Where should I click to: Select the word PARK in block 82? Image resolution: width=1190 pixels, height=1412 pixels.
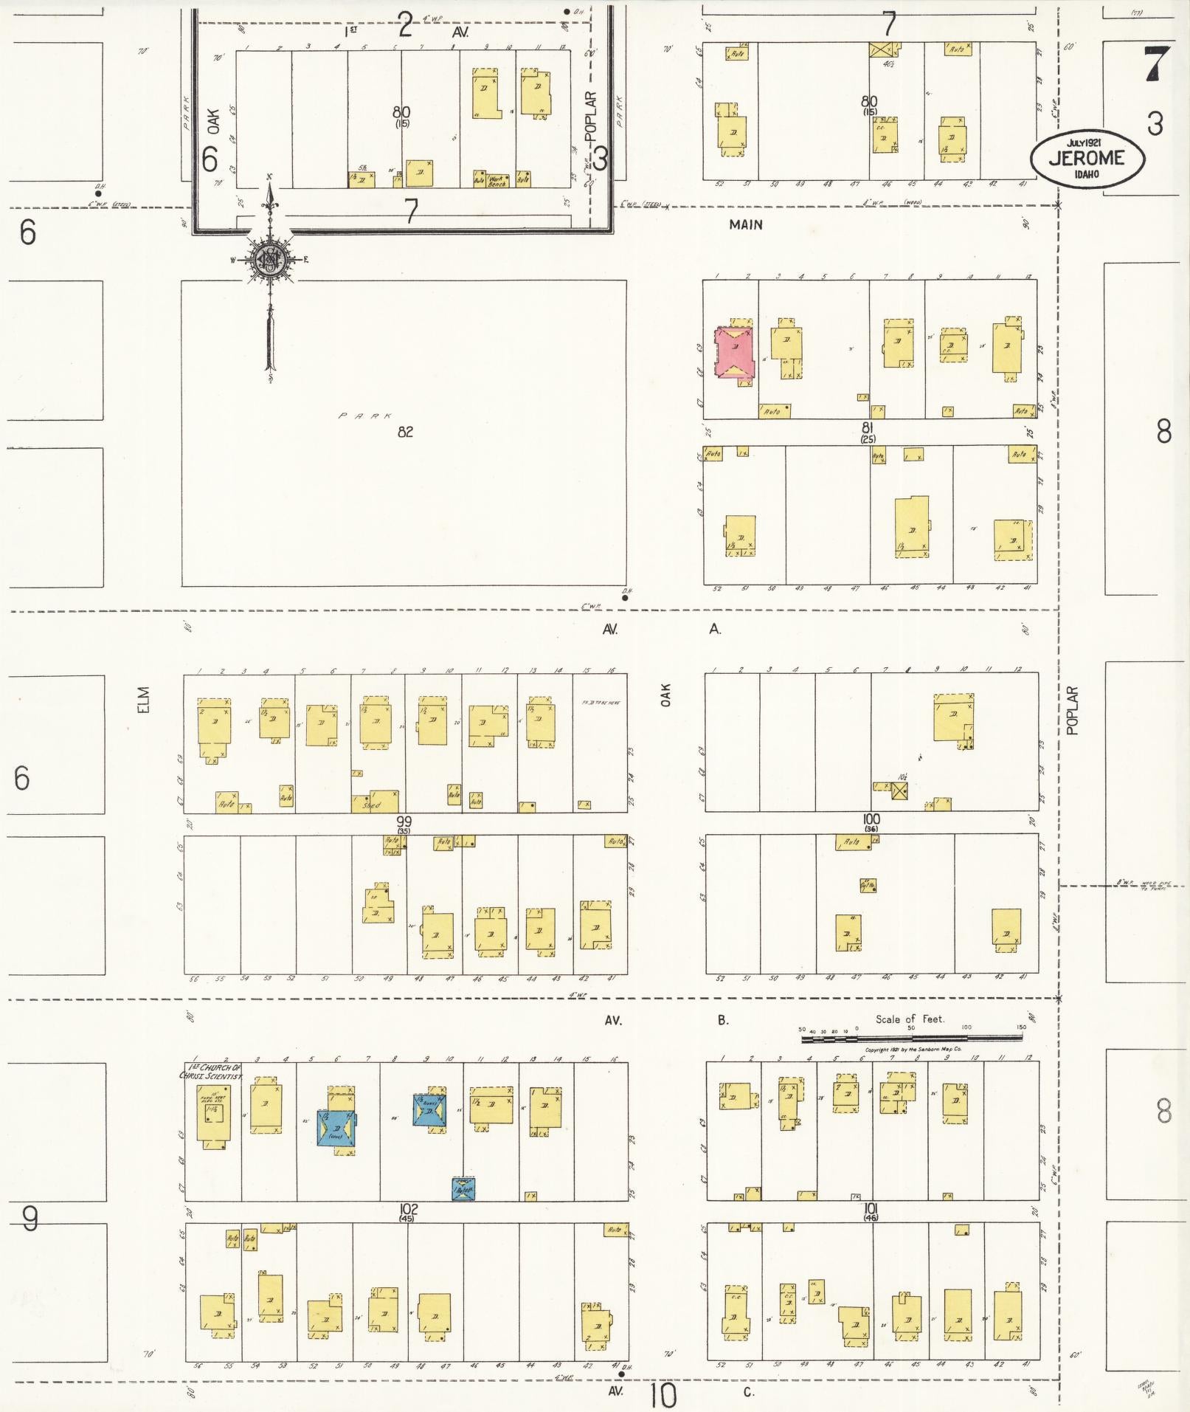coord(366,416)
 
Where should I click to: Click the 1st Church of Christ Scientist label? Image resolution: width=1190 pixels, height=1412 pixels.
coord(211,1072)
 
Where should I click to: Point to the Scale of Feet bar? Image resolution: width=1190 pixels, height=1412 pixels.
coord(911,1038)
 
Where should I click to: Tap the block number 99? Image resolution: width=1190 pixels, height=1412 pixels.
coord(404,821)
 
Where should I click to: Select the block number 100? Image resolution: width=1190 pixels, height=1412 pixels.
coord(871,819)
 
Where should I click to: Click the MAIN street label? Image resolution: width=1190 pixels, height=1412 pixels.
coord(745,224)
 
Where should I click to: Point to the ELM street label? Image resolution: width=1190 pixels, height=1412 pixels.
coord(143,700)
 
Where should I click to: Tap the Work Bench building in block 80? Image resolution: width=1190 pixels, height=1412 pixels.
coord(497,179)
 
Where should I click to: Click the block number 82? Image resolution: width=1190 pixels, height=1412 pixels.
coord(405,432)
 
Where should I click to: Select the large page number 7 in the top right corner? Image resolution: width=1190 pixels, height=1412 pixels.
coord(1155,63)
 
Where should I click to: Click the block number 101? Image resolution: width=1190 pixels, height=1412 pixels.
coord(871,1208)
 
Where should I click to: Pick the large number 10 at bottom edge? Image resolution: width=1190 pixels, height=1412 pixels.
coord(663,1394)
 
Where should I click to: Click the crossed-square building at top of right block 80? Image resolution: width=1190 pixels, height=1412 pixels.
coord(885,50)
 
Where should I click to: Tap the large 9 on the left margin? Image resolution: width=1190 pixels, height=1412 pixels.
coord(30,1219)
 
